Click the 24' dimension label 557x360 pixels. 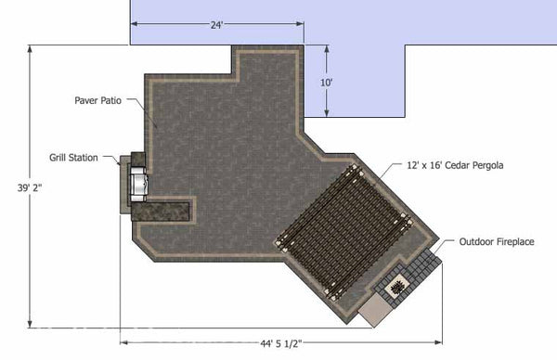[216, 25]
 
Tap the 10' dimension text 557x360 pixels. [326, 82]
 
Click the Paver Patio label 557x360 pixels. [99, 97]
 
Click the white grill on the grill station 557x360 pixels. [139, 183]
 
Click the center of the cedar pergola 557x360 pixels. [343, 226]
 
